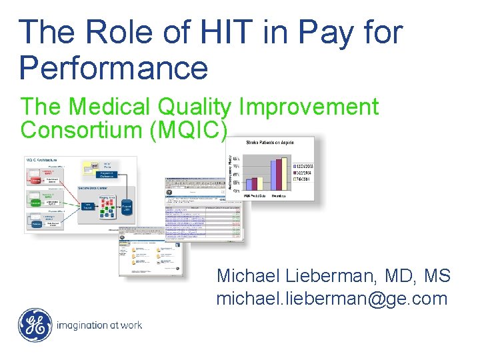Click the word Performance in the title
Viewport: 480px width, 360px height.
pos(113,67)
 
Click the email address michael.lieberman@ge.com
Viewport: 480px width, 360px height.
pos(331,299)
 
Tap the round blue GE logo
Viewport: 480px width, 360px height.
pos(35,325)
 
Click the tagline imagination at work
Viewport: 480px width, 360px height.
pos(99,326)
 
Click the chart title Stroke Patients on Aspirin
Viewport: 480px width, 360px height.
pos(270,142)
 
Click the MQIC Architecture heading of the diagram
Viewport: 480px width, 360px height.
pos(41,161)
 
